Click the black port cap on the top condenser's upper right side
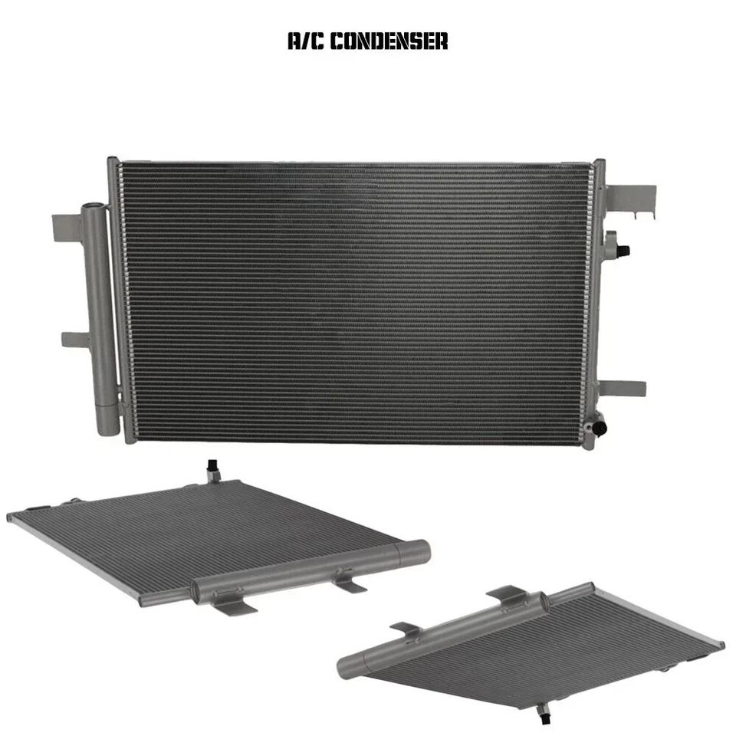623,251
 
